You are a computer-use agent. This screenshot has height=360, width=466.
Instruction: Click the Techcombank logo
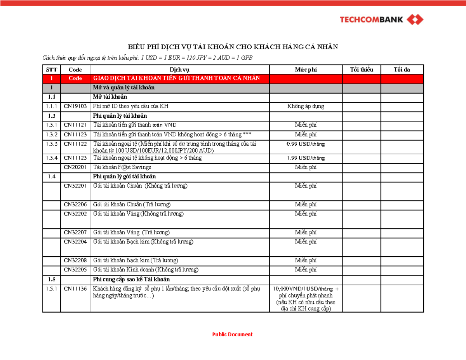[382, 19]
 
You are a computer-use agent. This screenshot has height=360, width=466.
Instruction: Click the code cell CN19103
[75, 106]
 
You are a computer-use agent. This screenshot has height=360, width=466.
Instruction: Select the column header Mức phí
[306, 70]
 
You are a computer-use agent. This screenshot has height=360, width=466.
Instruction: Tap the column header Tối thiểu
[361, 70]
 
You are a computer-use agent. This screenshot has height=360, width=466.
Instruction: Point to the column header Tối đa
[402, 70]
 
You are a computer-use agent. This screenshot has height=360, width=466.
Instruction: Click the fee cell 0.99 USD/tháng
[306, 144]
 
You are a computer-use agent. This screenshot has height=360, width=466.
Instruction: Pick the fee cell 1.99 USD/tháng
[306, 158]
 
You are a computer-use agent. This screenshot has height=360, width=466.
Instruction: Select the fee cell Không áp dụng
[306, 106]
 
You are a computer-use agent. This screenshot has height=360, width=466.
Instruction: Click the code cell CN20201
[75, 167]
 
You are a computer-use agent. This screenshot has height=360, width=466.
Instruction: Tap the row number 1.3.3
[52, 144]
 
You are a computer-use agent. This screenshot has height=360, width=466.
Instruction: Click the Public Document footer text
[232, 334]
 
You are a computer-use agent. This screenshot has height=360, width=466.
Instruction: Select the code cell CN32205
[75, 270]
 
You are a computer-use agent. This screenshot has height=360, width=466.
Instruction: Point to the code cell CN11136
[75, 289]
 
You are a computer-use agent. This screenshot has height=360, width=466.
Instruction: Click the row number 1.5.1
[52, 289]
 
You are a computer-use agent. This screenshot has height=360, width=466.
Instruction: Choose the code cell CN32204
[75, 242]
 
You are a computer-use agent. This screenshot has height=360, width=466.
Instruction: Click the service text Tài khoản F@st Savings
[122, 167]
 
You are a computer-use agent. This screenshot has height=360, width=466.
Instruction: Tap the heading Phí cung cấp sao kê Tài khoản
[131, 279]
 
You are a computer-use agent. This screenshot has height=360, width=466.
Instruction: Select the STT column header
[52, 70]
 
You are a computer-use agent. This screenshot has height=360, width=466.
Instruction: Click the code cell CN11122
[75, 144]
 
